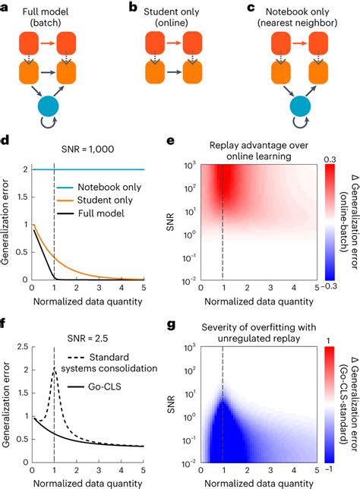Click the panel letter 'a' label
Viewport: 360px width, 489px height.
6,7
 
